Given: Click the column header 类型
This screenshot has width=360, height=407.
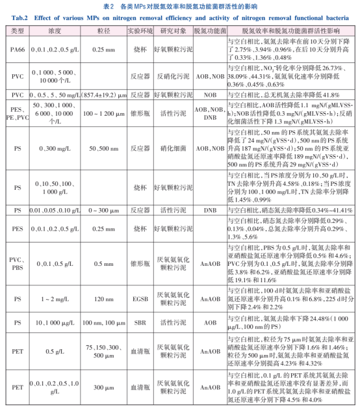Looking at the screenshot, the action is click(x=18, y=31).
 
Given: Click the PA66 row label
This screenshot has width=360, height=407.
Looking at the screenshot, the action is click(x=18, y=48).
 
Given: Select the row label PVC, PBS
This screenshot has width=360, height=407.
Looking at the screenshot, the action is click(x=18, y=264).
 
